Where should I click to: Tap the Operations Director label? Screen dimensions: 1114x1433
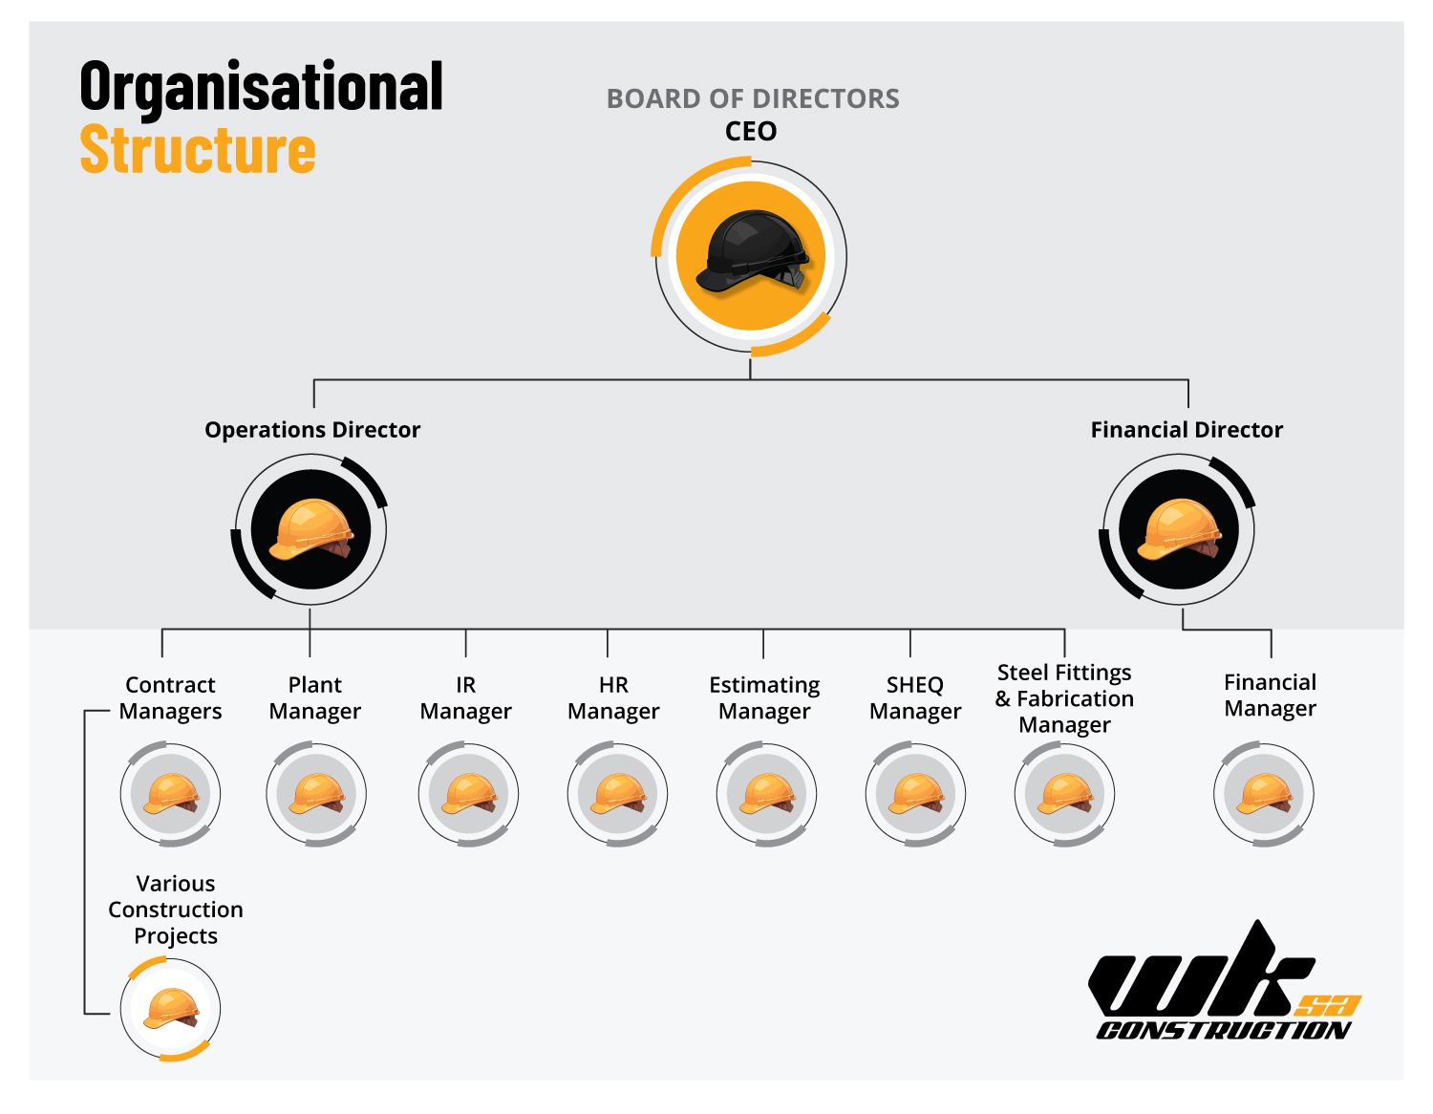(312, 430)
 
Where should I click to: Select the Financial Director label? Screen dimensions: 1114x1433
(1187, 430)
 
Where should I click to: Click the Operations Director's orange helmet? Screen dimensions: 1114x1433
(311, 529)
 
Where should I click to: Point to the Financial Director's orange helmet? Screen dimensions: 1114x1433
(1179, 529)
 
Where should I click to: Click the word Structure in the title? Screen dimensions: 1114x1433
(198, 150)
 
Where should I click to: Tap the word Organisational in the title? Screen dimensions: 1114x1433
(262, 87)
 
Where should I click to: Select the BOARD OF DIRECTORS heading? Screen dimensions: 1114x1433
(753, 98)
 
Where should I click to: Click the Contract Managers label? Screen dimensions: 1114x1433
(171, 698)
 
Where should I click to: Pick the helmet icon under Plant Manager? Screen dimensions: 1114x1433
(316, 794)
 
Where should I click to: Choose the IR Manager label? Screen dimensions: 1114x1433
(465, 698)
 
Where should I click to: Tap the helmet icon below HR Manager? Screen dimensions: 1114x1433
(617, 794)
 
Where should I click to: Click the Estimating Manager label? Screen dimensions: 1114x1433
(764, 698)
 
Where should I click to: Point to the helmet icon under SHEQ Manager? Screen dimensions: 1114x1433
(915, 794)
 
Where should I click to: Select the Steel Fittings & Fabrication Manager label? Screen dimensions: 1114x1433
(1064, 698)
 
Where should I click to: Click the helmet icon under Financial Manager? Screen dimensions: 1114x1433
(1264, 794)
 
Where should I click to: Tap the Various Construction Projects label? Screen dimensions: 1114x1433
(176, 910)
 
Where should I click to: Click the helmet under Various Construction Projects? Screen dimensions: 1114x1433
(171, 1009)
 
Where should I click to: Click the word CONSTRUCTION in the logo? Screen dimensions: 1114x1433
(1223, 1030)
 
